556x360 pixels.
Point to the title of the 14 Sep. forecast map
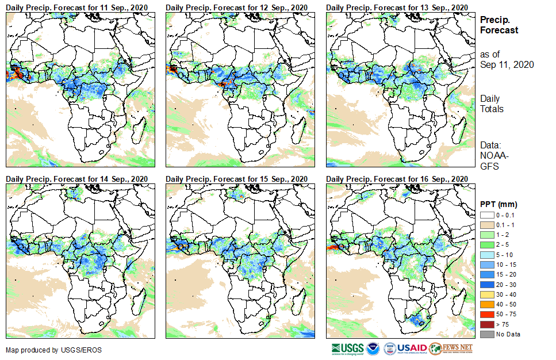point(76,178)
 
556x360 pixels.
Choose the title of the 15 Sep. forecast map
point(236,178)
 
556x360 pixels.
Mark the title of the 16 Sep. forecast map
point(397,178)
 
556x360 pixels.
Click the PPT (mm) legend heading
point(499,204)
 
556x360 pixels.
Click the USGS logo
point(347,348)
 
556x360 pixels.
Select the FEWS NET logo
point(451,348)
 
